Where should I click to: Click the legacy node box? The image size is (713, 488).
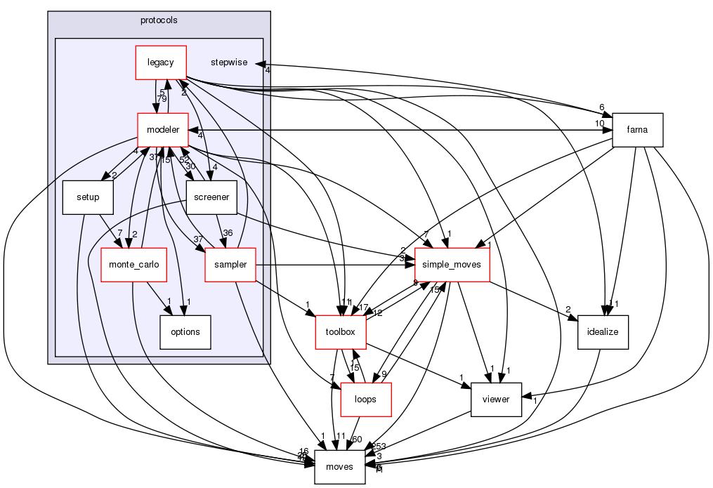point(161,62)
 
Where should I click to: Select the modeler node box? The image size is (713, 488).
point(162,130)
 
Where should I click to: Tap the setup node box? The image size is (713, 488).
point(88,197)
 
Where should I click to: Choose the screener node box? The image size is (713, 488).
point(211,197)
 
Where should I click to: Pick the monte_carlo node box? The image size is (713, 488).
point(133,265)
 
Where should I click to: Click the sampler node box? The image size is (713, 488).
point(230,265)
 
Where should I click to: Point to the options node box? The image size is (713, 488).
point(185,332)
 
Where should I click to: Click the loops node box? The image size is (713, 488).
point(365,400)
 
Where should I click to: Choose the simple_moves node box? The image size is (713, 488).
point(452,265)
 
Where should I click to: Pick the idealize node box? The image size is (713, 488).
point(603,332)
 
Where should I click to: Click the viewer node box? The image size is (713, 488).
point(496,400)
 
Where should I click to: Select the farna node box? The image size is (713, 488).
point(639,130)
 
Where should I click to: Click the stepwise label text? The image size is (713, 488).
point(229,62)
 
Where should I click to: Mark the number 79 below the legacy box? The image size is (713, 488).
point(162,99)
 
